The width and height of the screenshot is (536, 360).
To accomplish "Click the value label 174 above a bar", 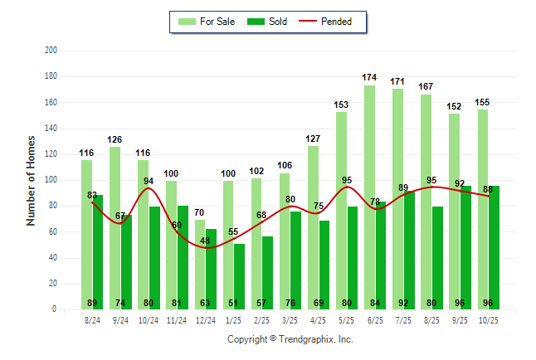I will (x=369, y=77).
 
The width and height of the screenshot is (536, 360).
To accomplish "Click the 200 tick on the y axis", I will (x=51, y=51).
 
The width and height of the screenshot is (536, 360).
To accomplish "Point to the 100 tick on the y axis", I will (x=51, y=180).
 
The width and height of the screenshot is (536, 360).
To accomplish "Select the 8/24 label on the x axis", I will (x=92, y=319).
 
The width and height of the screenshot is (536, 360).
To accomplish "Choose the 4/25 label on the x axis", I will (x=319, y=319).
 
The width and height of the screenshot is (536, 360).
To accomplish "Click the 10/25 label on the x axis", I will (x=488, y=319).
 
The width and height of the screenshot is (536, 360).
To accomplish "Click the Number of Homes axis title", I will (x=31, y=180).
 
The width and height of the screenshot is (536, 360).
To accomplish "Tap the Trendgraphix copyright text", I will (x=290, y=339).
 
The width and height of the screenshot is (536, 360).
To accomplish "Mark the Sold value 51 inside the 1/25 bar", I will (x=240, y=303).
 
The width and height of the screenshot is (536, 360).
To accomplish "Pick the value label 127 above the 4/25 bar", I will (x=313, y=139).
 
